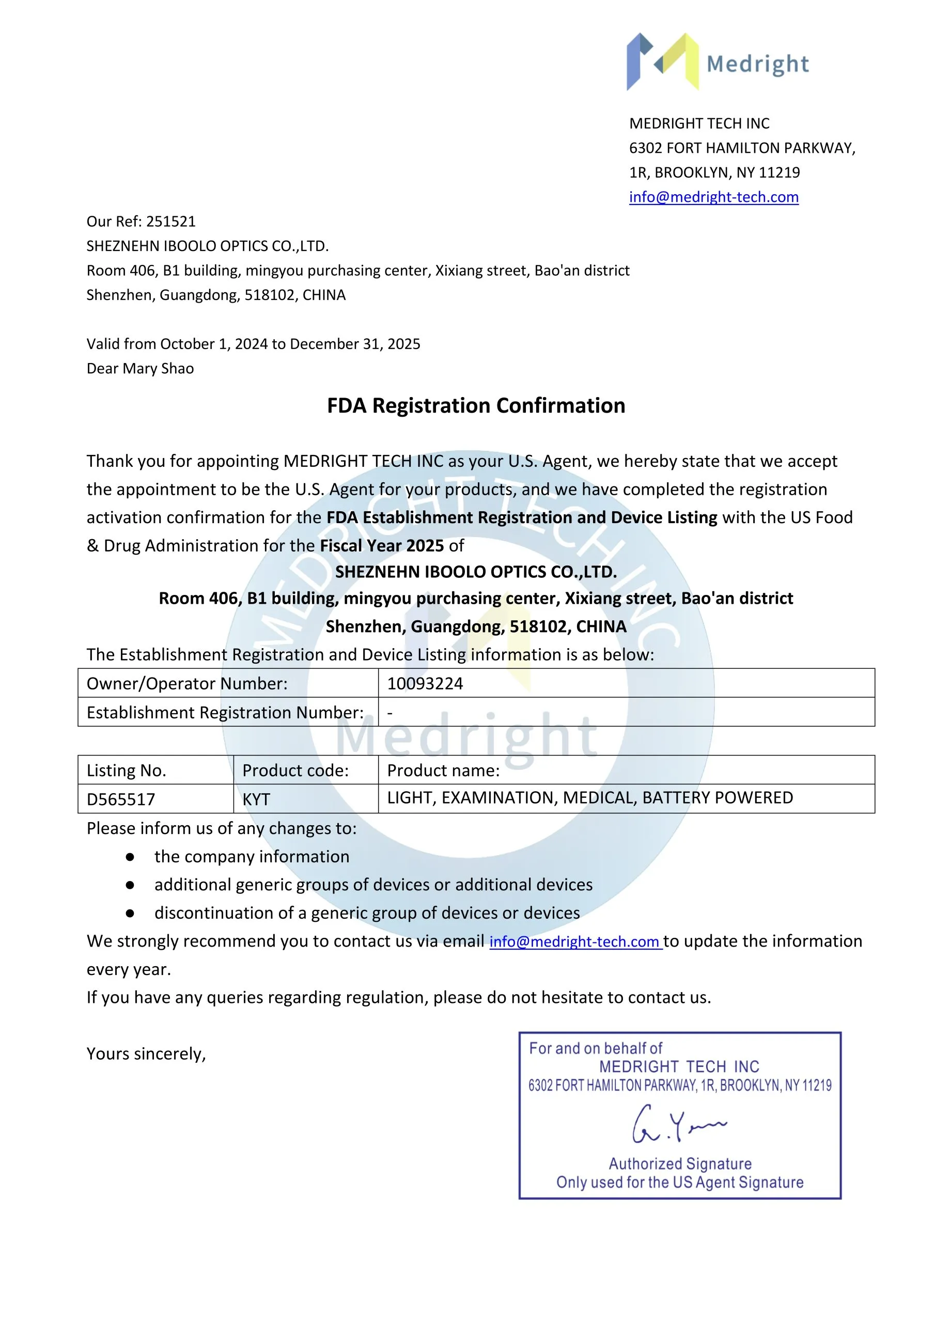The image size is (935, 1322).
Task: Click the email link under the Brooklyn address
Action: pos(713,197)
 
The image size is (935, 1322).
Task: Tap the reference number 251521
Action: pos(171,222)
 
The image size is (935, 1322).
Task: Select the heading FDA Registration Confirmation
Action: pos(476,406)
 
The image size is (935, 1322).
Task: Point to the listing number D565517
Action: pos(121,799)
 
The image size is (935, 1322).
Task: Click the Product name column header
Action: pos(443,770)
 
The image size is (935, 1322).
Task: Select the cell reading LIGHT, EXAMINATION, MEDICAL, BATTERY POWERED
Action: pos(589,798)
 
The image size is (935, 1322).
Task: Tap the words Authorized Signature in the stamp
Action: pos(680,1163)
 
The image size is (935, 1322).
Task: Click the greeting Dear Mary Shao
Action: pos(140,369)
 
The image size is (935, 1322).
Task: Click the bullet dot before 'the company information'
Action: pos(130,857)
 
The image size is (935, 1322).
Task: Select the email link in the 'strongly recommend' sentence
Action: pos(574,941)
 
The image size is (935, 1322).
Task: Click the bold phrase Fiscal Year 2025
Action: pos(381,546)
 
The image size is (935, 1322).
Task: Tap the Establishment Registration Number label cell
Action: pos(225,713)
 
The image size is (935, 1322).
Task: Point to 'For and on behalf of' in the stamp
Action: pos(595,1048)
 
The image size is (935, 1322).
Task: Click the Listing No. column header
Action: pos(126,770)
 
